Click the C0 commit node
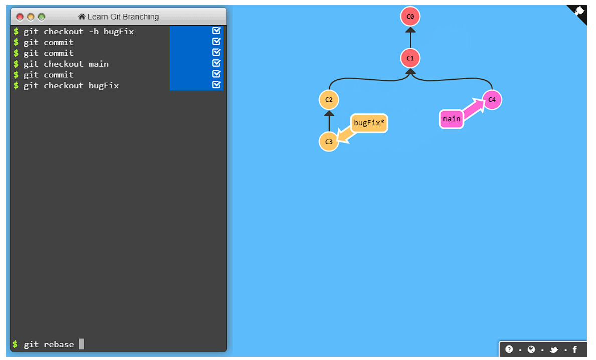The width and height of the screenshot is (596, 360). (x=410, y=17)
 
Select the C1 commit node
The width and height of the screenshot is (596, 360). (x=410, y=58)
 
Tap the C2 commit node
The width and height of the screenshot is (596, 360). (x=329, y=100)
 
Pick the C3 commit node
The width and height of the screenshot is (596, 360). (x=329, y=142)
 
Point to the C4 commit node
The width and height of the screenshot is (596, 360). (x=492, y=100)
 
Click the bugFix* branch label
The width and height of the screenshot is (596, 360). (x=369, y=123)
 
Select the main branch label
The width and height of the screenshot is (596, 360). (x=451, y=119)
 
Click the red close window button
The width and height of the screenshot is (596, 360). (x=20, y=17)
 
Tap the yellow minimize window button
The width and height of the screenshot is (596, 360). (x=31, y=17)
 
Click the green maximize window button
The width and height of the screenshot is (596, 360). (x=41, y=17)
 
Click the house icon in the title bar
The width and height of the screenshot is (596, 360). (x=82, y=17)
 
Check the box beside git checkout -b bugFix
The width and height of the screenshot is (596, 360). (x=216, y=31)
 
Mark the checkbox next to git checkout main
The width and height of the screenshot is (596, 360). (x=216, y=63)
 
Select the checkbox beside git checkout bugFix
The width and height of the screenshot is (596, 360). (x=216, y=85)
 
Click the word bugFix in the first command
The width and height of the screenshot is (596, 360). (x=119, y=32)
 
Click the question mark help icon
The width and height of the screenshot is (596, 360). (x=509, y=349)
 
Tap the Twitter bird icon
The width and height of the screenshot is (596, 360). (x=554, y=349)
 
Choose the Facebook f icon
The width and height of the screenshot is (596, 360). (x=575, y=349)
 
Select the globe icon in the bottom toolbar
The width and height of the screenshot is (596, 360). (x=531, y=349)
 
